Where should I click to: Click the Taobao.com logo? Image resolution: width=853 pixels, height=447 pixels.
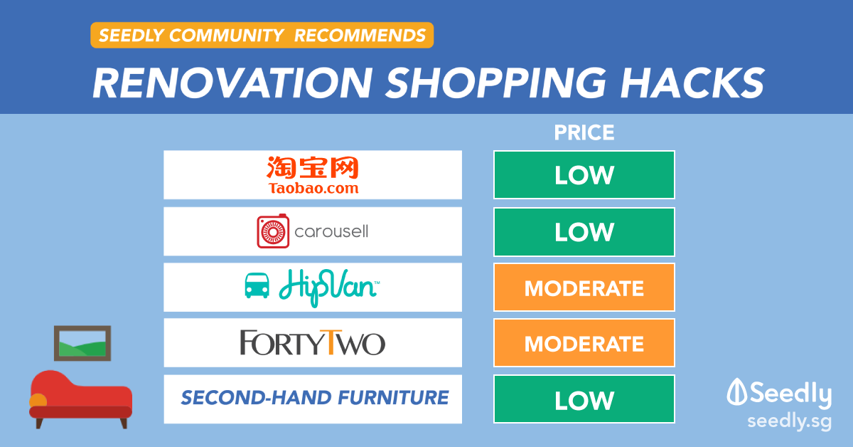point(312,175)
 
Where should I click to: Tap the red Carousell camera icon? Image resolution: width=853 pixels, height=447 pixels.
point(273,231)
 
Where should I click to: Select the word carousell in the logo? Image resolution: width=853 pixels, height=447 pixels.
point(331,231)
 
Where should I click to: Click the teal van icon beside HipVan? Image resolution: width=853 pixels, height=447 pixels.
point(257,285)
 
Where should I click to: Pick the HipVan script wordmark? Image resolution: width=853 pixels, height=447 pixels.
point(329,288)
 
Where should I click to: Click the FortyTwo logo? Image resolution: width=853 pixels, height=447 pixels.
point(312,342)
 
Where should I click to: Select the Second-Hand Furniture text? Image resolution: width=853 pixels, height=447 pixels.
point(314,397)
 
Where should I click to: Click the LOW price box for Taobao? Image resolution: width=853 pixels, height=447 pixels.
point(584,174)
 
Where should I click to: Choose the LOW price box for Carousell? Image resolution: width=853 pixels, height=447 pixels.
point(584,231)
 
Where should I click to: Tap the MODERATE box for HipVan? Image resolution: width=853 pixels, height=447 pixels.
point(584,287)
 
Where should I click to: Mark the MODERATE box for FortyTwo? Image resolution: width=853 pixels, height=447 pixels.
point(584,343)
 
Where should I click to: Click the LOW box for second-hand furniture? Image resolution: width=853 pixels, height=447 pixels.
point(584,399)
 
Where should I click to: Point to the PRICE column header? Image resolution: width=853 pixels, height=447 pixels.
point(584,132)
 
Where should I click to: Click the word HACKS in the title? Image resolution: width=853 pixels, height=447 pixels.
point(692,83)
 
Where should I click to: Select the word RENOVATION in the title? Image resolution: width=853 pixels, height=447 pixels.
point(232,83)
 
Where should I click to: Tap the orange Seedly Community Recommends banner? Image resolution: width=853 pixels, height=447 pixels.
point(262,35)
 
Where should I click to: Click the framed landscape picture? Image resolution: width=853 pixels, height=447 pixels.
point(82,343)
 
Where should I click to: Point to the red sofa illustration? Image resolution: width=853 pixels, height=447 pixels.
point(81,399)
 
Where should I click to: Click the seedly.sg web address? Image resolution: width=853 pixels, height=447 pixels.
point(790,422)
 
